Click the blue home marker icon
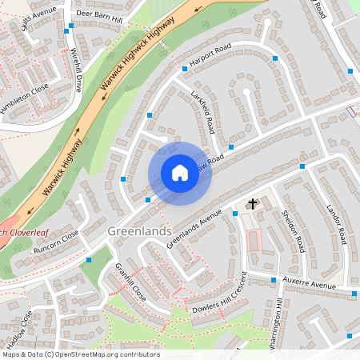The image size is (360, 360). (180, 173)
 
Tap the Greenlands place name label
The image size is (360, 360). (138, 231)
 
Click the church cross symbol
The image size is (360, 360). (253, 204)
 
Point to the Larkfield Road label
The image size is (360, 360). (205, 114)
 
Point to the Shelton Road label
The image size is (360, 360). (293, 230)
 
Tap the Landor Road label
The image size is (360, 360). (337, 224)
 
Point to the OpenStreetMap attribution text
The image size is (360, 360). (81, 354)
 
